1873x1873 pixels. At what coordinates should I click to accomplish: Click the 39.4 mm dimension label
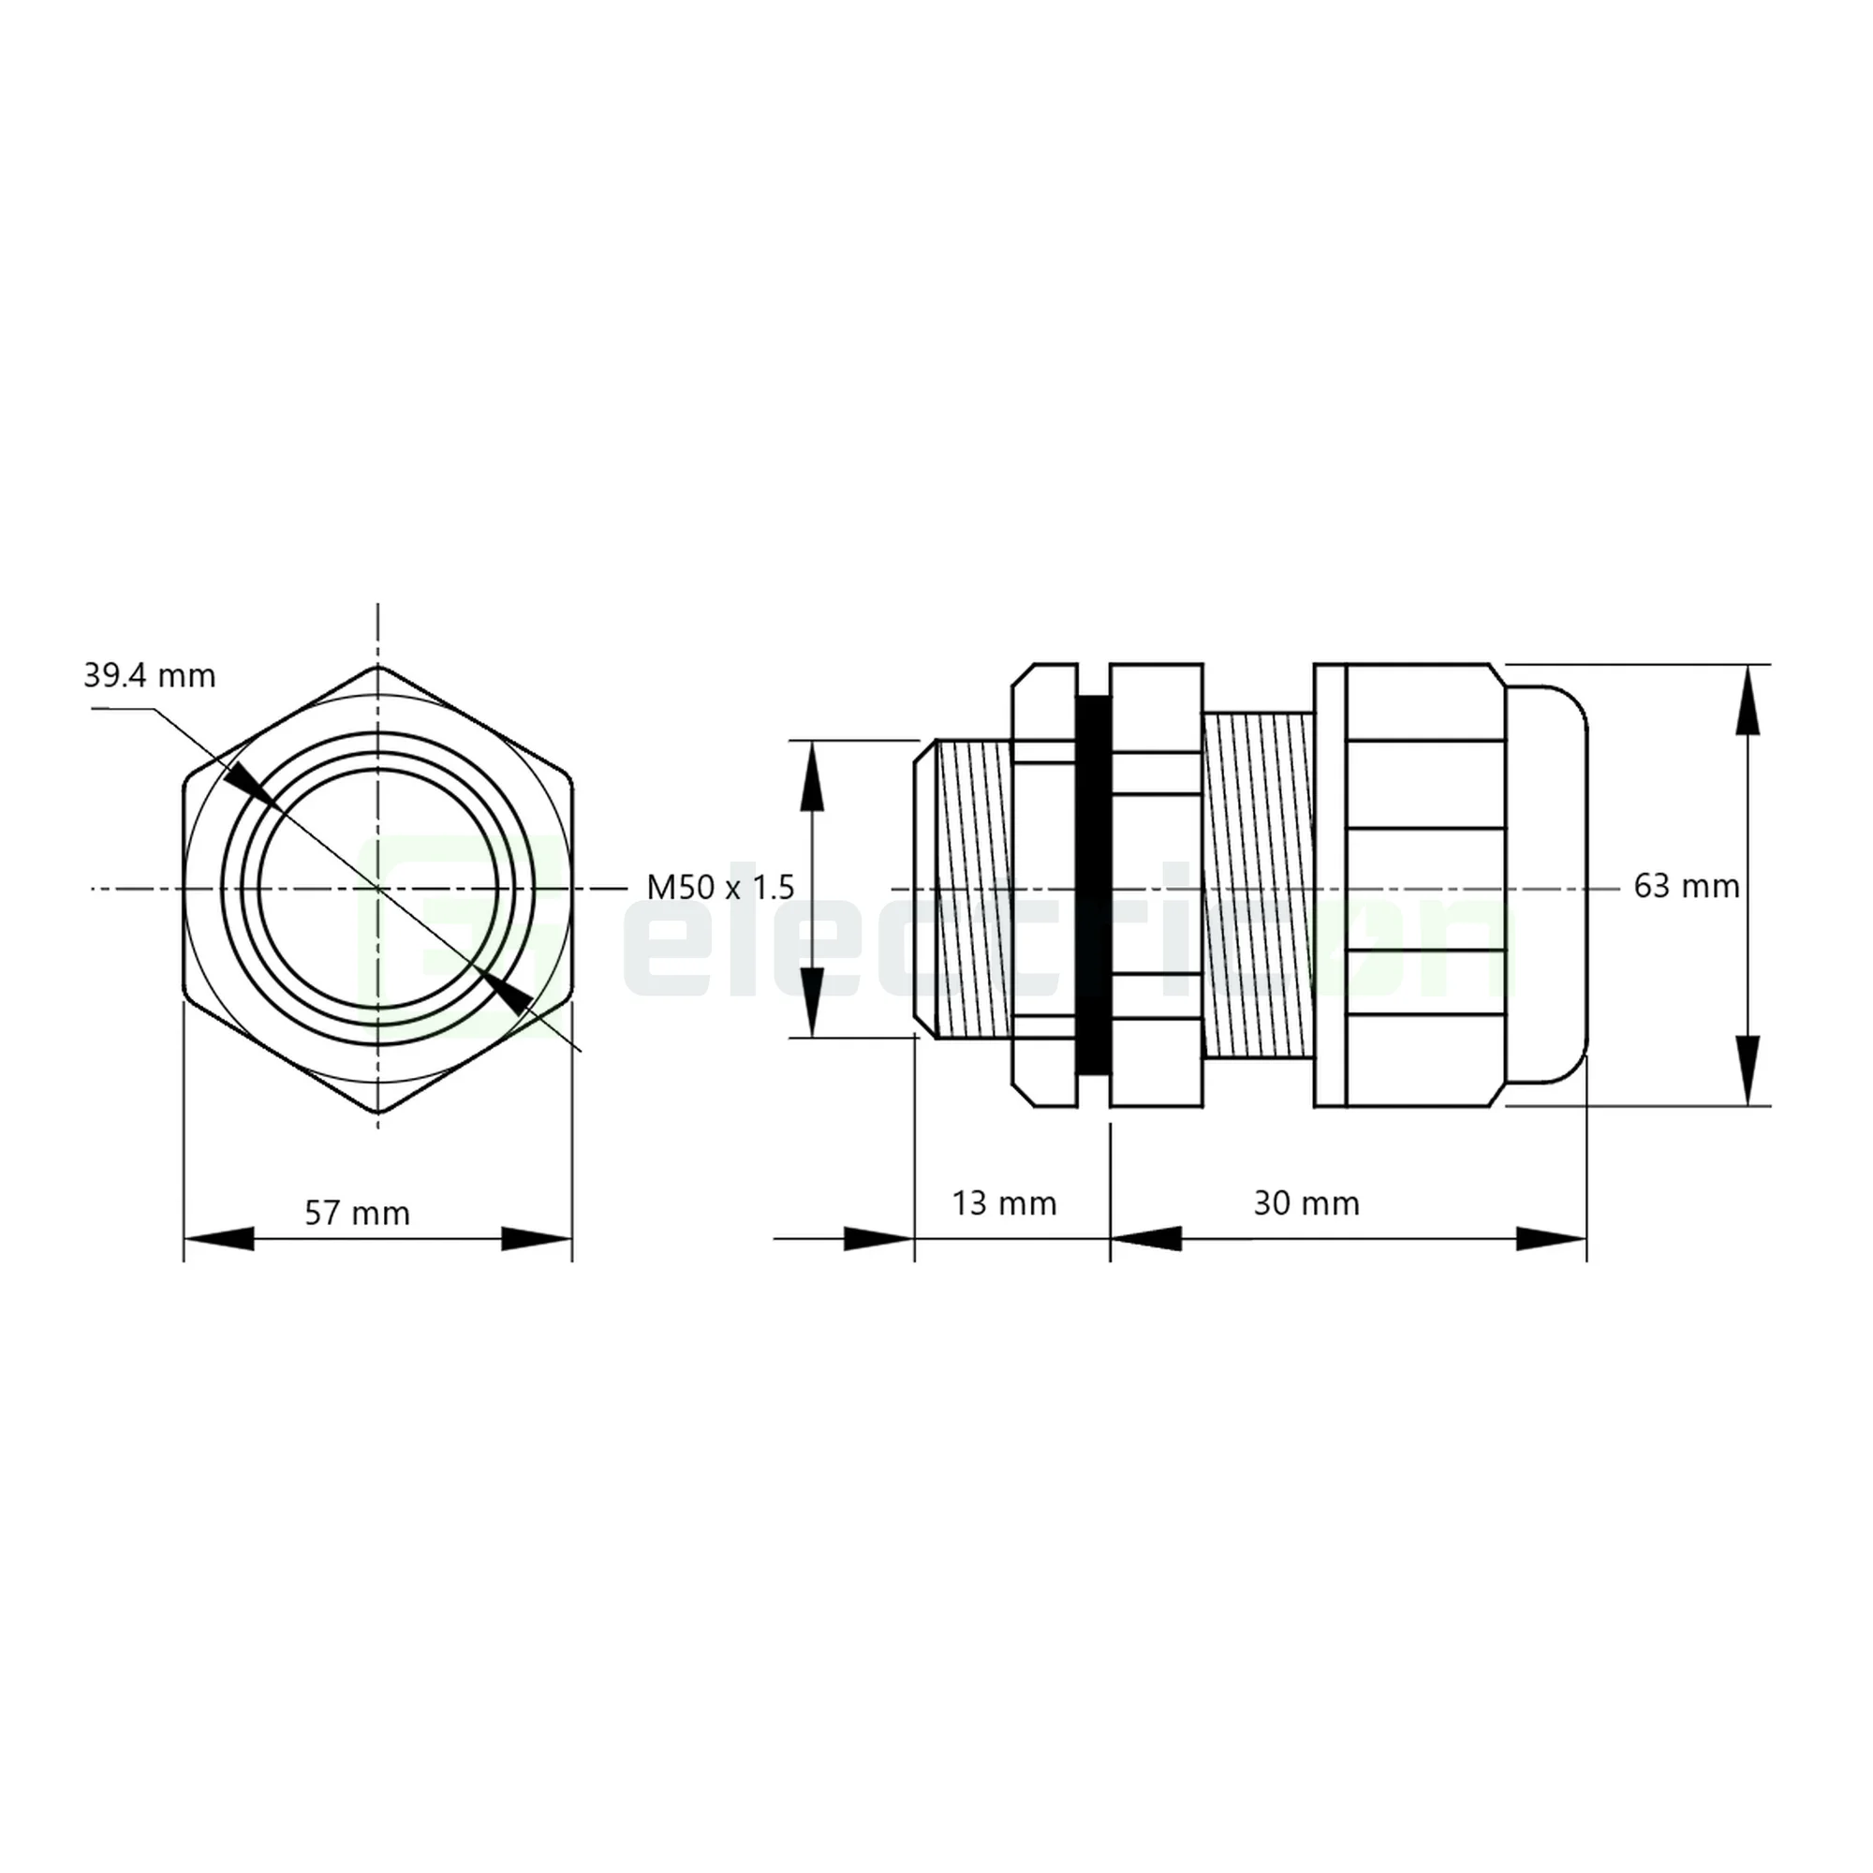coord(149,676)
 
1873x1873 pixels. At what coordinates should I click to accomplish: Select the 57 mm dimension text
coord(357,1213)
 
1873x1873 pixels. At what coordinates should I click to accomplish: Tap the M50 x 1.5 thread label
coord(720,886)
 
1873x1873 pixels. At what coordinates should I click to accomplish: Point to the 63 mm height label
coord(1686,886)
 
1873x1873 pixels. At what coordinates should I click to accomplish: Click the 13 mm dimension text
coord(1003,1203)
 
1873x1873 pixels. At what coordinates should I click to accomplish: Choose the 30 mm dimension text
coord(1305,1203)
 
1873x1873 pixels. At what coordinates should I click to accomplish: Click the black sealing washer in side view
coord(1093,886)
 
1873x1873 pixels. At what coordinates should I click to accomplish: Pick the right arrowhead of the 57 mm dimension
coord(536,1239)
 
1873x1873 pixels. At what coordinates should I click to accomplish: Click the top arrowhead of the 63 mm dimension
coord(1747,700)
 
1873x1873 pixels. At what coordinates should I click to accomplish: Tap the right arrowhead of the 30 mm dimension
coord(1551,1239)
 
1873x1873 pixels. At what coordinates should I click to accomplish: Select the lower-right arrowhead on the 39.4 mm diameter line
coord(508,991)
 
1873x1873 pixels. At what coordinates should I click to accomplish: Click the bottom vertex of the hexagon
coord(377,1112)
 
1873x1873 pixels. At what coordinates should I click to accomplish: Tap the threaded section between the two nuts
coord(1258,884)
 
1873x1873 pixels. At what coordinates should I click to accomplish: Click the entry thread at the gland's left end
coord(966,886)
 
